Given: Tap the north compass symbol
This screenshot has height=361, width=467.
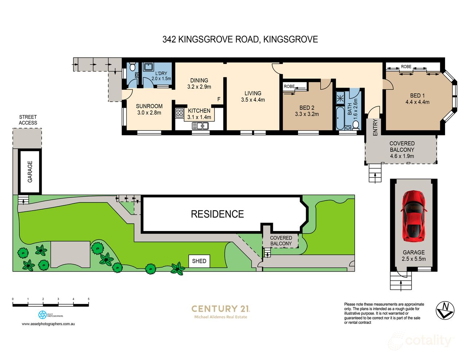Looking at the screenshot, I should [x=445, y=310].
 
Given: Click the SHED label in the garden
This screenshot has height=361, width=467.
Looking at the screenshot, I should [x=199, y=261].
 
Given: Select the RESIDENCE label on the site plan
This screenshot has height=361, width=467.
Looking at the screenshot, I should [x=217, y=214].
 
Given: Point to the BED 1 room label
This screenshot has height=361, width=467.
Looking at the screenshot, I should [x=417, y=96].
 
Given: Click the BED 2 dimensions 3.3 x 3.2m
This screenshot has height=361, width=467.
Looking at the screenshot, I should [x=307, y=114].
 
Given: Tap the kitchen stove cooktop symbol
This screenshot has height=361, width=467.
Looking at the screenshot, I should [x=180, y=113].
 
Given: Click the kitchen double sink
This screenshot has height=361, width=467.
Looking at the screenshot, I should [x=200, y=126].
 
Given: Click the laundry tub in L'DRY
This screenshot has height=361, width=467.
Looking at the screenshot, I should [x=148, y=67].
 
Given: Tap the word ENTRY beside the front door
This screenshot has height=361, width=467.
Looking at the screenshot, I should [x=375, y=128].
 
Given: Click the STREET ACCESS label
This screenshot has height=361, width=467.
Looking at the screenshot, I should [x=28, y=120].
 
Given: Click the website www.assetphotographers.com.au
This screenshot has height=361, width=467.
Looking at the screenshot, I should [x=48, y=324].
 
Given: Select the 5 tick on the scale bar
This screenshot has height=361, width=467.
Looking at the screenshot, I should [x=89, y=299].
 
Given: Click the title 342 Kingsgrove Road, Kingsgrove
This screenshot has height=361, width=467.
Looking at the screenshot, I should [x=240, y=39].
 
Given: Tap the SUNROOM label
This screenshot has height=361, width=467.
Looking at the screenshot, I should [x=149, y=106].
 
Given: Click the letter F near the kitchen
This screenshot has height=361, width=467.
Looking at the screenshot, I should [x=219, y=99].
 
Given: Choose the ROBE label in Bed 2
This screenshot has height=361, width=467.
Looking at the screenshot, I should [x=289, y=87].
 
